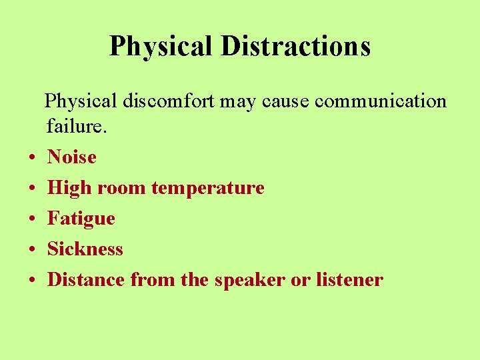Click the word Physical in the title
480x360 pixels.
(x=161, y=46)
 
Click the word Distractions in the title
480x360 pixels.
(x=295, y=46)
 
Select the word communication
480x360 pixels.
(x=381, y=101)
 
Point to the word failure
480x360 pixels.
(x=68, y=126)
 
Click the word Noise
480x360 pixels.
(x=72, y=157)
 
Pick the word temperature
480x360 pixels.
(x=208, y=189)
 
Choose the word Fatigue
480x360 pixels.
(x=81, y=219)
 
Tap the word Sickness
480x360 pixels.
(x=85, y=249)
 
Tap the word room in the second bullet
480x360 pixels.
(x=123, y=189)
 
